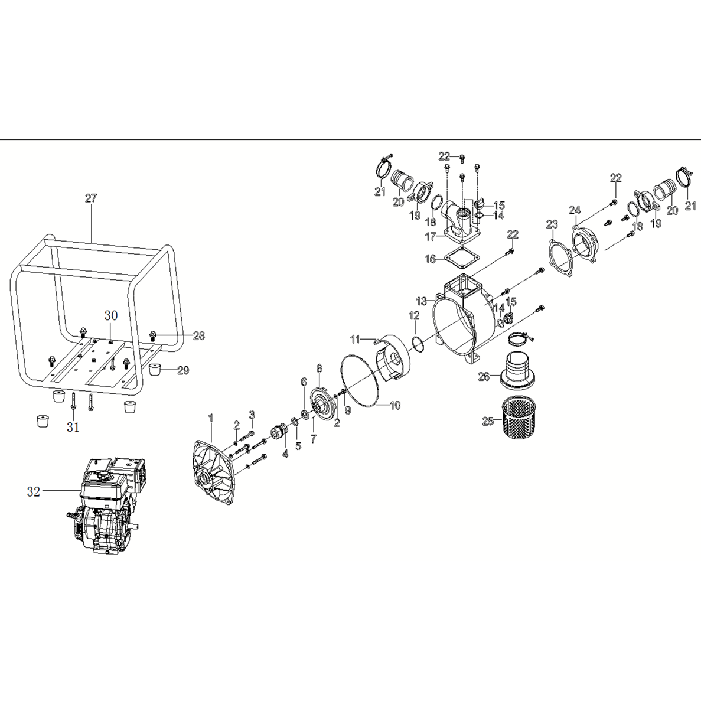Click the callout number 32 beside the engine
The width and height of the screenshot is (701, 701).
tap(33, 491)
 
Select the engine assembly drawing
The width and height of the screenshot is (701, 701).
tap(106, 506)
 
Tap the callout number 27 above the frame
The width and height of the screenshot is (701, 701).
tap(90, 198)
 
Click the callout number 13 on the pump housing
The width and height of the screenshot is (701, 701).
tap(420, 301)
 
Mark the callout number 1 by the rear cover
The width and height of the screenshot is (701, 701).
tap(210, 419)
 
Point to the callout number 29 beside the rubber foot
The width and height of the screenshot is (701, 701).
tap(183, 370)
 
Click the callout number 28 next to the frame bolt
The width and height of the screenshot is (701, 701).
tap(198, 335)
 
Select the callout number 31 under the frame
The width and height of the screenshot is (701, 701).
tap(73, 428)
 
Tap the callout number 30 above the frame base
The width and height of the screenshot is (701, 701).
tap(111, 316)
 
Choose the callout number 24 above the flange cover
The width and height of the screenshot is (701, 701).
tap(575, 210)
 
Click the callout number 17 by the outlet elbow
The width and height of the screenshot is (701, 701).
tap(431, 237)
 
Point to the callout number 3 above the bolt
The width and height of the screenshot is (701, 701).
tap(252, 415)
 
